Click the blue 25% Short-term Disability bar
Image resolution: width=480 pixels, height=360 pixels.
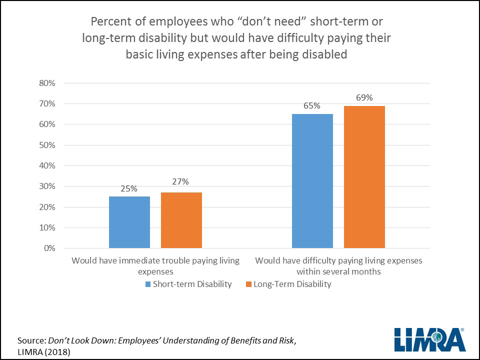[x=129, y=222]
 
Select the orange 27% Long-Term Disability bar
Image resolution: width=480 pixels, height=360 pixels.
[x=181, y=220]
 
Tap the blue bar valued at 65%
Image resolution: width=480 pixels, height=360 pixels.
[x=312, y=180]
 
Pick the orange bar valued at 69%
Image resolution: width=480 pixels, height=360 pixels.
[x=364, y=176]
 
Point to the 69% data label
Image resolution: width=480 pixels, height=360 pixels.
[x=364, y=97]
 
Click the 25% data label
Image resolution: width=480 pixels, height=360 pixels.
[x=129, y=188]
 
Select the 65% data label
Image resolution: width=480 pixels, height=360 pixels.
[x=312, y=106]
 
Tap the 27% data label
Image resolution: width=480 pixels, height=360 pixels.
[x=181, y=182]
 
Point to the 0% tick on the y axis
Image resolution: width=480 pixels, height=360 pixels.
[x=48, y=248]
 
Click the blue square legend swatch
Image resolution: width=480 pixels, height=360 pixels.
[x=148, y=284]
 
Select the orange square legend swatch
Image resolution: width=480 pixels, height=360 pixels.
[x=248, y=284]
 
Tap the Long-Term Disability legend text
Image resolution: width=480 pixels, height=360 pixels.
[x=292, y=284]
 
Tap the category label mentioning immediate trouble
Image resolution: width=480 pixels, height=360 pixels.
[x=155, y=266]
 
